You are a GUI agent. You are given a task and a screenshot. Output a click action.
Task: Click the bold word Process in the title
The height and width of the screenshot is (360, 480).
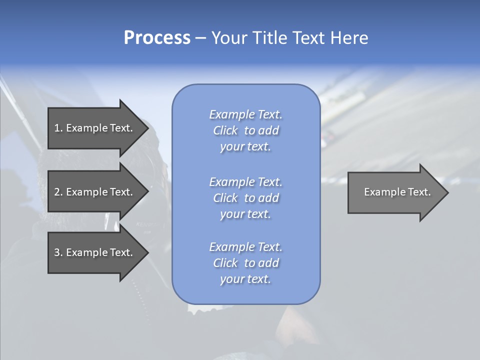pyautogui.click(x=157, y=38)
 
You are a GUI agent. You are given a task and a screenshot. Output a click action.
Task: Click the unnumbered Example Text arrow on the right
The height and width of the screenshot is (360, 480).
pyautogui.click(x=397, y=192)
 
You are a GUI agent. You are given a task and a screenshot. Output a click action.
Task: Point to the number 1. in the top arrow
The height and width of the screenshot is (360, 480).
pyautogui.click(x=58, y=128)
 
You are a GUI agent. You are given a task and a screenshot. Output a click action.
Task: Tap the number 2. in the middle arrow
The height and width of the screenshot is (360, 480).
pyautogui.click(x=58, y=192)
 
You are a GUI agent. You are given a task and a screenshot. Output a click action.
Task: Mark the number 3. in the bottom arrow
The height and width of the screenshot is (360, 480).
pyautogui.click(x=58, y=252)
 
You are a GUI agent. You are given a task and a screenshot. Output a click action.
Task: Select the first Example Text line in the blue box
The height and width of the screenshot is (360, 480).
pyautogui.click(x=245, y=114)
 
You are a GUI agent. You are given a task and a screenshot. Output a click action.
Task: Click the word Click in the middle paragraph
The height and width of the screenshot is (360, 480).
pyautogui.click(x=225, y=198)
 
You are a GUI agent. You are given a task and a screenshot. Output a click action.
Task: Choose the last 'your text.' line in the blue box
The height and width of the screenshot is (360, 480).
pyautogui.click(x=245, y=279)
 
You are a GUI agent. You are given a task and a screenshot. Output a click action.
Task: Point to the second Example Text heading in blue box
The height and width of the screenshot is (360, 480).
pyautogui.click(x=245, y=182)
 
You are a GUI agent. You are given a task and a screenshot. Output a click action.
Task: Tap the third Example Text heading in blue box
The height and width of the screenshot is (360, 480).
pyautogui.click(x=245, y=247)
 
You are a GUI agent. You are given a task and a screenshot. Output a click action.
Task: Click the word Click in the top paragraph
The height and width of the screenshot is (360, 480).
pyautogui.click(x=225, y=130)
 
